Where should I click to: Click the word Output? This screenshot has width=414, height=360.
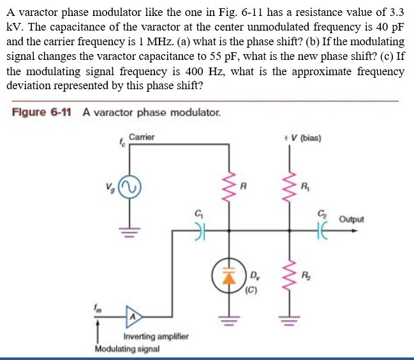tap(351, 219)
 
